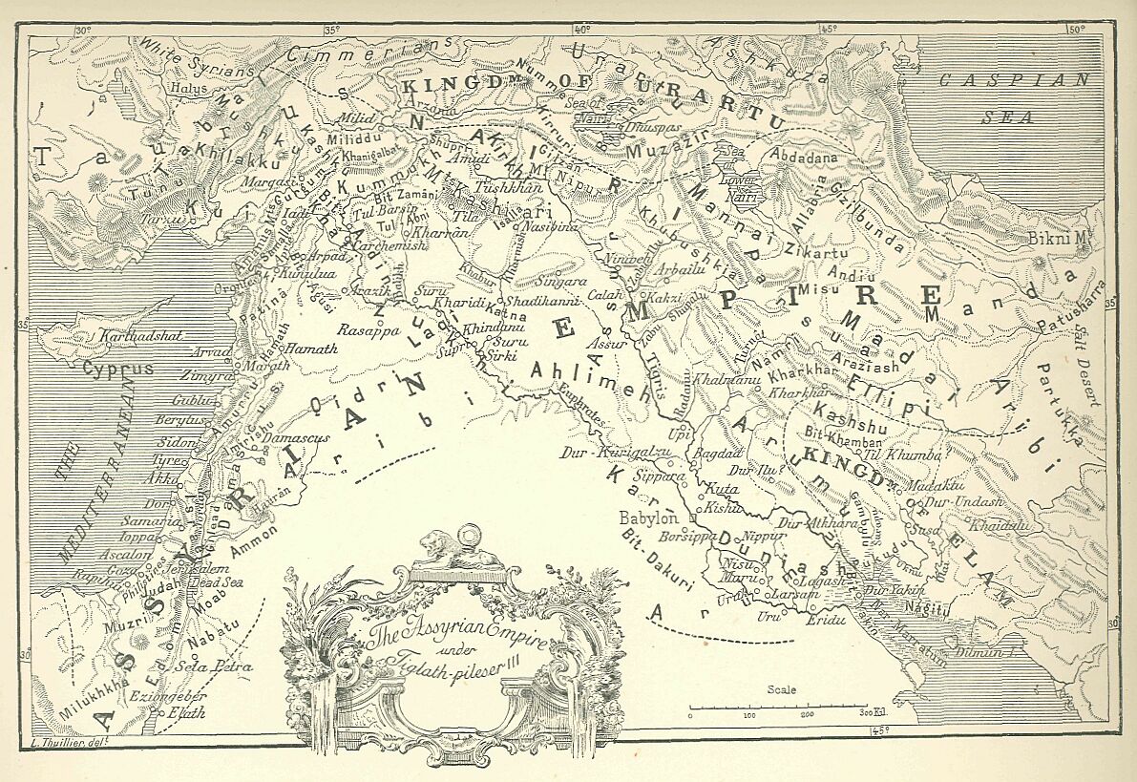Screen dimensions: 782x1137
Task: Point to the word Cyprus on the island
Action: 105,368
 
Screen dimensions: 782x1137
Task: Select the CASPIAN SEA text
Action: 1012,98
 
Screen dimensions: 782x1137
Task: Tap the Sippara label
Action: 662,475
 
